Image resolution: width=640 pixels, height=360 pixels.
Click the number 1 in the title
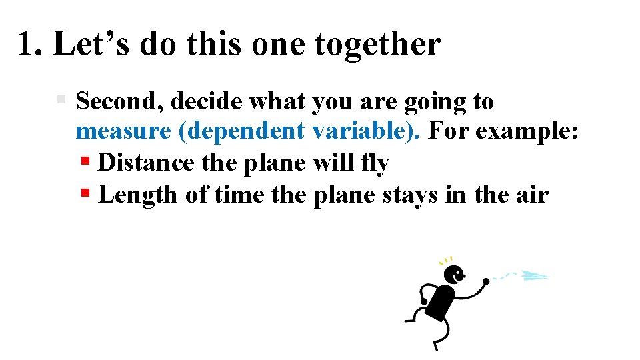pyautogui.click(x=27, y=45)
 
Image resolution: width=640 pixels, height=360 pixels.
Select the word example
pyautogui.click(x=530, y=132)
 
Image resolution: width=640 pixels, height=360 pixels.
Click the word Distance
pyautogui.click(x=145, y=163)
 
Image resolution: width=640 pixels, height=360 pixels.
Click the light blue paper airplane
pyautogui.click(x=535, y=275)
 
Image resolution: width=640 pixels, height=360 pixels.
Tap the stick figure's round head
pyautogui.click(x=455, y=274)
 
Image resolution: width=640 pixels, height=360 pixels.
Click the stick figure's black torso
pyautogui.click(x=440, y=302)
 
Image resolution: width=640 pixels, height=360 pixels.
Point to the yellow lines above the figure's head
pyautogui.click(x=446, y=260)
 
